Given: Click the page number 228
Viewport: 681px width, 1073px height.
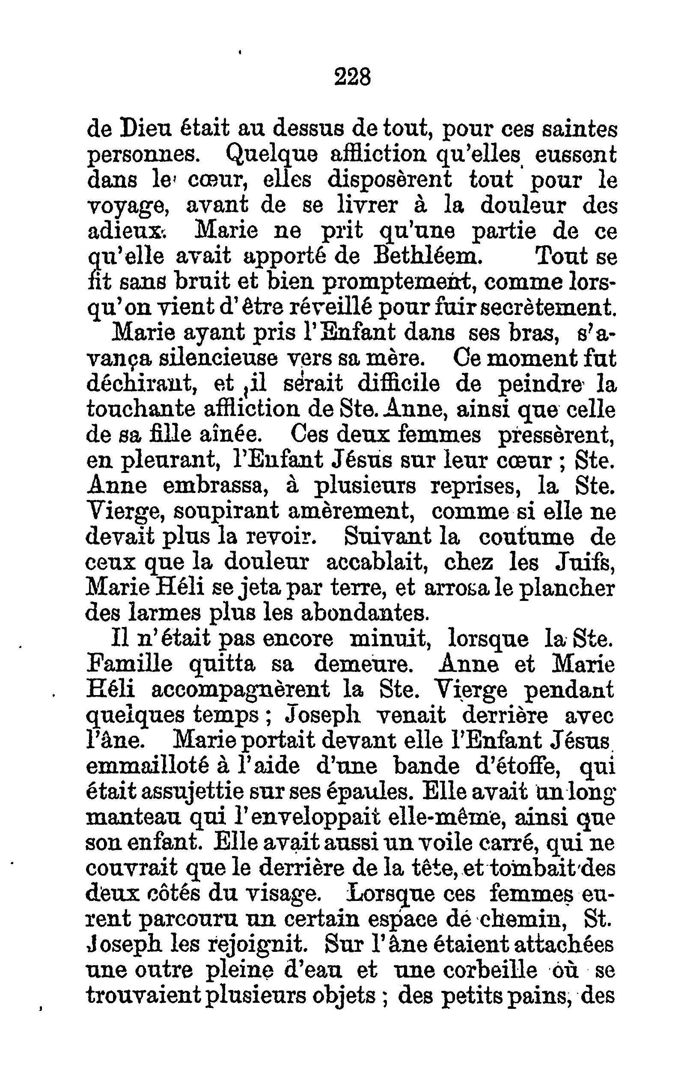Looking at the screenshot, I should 352,77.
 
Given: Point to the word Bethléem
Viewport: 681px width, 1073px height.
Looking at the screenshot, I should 422,256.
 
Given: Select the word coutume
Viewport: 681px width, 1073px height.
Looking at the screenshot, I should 526,537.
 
